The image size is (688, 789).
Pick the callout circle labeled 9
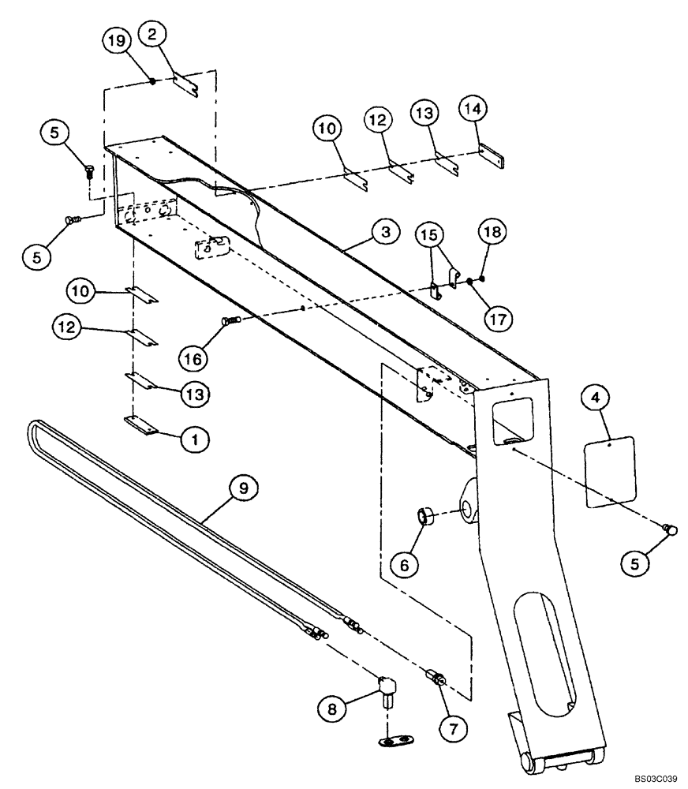pyautogui.click(x=244, y=489)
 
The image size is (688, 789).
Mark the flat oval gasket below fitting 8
pyautogui.click(x=394, y=740)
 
